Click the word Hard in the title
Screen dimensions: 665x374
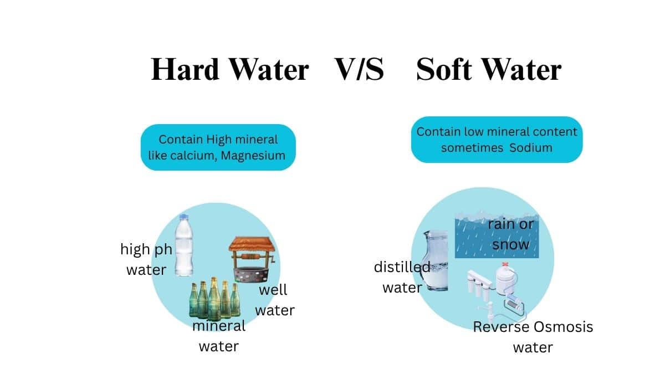pyautogui.click(x=185, y=69)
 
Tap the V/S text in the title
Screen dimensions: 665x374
pyautogui.click(x=359, y=69)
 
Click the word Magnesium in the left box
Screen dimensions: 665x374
pyautogui.click(x=253, y=156)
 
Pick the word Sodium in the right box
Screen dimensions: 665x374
pyautogui.click(x=530, y=148)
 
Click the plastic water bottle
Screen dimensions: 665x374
pyautogui.click(x=184, y=245)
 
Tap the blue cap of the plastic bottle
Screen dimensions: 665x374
pyautogui.click(x=184, y=217)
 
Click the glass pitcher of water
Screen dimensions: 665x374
pyautogui.click(x=436, y=260)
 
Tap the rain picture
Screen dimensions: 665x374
pyautogui.click(x=497, y=235)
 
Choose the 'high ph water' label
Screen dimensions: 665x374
pyautogui.click(x=146, y=259)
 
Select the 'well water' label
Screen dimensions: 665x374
pyautogui.click(x=275, y=300)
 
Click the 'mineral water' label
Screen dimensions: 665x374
pyautogui.click(x=219, y=336)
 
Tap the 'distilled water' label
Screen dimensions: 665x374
pyautogui.click(x=402, y=277)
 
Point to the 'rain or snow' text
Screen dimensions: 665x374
pyautogui.click(x=510, y=234)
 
